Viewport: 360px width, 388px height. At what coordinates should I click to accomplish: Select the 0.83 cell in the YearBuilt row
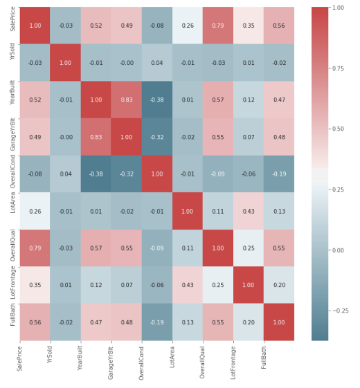[126, 100]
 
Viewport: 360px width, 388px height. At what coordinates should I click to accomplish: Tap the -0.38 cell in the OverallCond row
[96, 174]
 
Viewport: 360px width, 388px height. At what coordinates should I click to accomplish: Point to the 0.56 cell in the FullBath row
[35, 322]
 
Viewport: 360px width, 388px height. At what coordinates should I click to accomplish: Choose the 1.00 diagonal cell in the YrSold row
[65, 63]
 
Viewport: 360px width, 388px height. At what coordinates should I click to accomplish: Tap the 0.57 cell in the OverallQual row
[96, 248]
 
